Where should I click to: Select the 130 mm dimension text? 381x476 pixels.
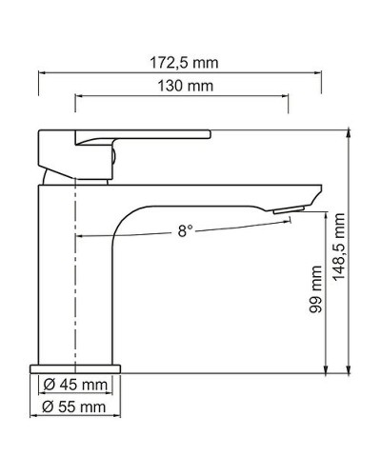tap(180, 86)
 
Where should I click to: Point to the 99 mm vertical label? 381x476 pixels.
tap(317, 289)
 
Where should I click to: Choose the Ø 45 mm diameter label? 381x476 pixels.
tap(74, 385)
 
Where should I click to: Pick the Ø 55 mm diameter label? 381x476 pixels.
tap(74, 407)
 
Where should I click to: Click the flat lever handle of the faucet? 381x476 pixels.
tap(143, 134)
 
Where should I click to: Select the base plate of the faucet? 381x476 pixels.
tap(76, 367)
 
